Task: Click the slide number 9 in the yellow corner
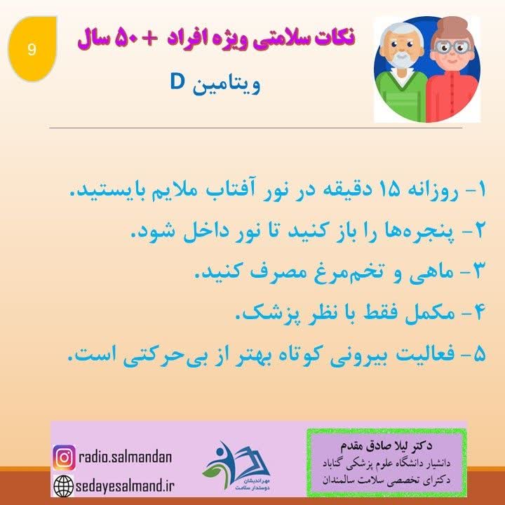pyautogui.click(x=31, y=49)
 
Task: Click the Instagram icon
pyautogui.click(x=64, y=458)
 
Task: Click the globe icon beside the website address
pyautogui.click(x=64, y=485)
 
